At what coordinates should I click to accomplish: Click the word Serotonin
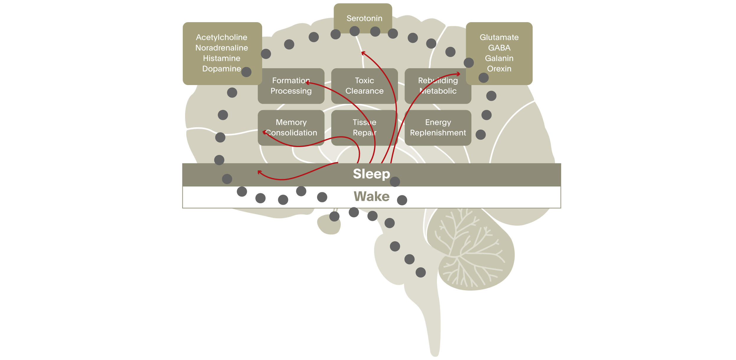(364, 18)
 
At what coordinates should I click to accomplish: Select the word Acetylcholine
(221, 37)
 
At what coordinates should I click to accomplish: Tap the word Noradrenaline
(221, 48)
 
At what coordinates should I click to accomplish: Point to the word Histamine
(221, 58)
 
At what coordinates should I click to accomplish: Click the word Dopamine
(221, 69)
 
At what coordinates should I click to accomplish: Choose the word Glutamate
(499, 37)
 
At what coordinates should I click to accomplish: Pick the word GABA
(499, 48)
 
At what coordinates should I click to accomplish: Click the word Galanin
(499, 58)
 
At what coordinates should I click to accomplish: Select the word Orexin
(499, 69)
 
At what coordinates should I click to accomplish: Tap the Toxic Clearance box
(364, 86)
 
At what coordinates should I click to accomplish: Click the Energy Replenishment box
(438, 128)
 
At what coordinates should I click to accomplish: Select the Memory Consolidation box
(291, 128)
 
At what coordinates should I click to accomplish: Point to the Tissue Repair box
(364, 128)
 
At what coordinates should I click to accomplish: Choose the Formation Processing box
(291, 86)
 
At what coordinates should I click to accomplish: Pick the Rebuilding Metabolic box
(438, 86)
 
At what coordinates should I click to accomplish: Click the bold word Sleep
(371, 174)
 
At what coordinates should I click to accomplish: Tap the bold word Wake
(371, 196)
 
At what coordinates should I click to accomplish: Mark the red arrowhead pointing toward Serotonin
(363, 53)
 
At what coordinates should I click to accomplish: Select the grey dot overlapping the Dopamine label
(246, 72)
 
